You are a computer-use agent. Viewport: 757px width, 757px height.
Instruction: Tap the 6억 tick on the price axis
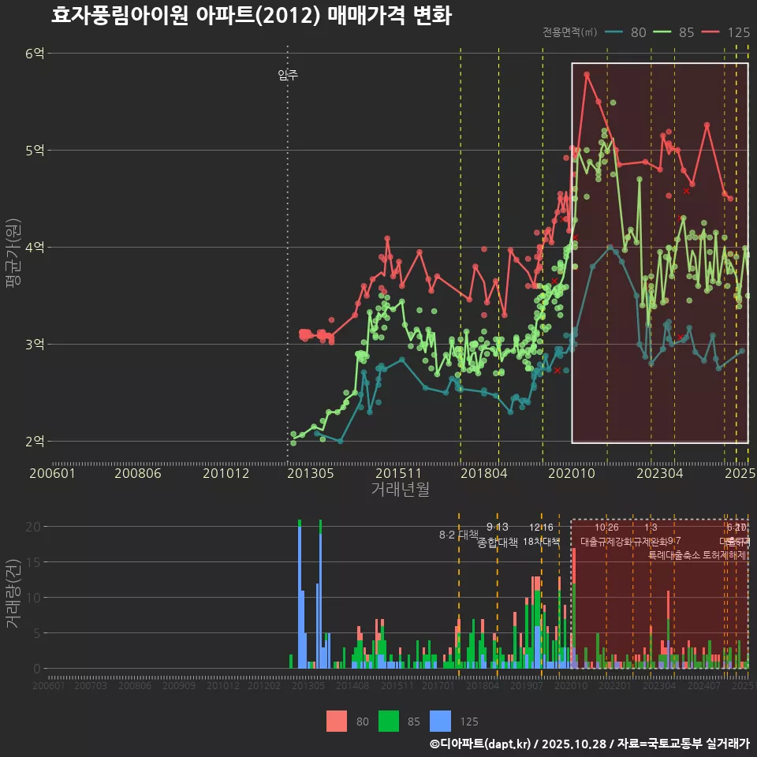pos(35,54)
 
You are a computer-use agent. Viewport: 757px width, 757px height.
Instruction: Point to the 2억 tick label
pos(35,442)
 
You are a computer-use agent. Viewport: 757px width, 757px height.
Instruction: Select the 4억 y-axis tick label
pos(35,248)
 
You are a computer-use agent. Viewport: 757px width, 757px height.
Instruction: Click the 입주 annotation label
pos(288,76)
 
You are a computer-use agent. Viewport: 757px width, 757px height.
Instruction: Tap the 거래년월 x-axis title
pos(400,490)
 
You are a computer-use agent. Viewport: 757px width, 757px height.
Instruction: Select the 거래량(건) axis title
pos(12,594)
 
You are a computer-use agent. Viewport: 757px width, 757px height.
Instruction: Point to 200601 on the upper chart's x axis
pos(52,473)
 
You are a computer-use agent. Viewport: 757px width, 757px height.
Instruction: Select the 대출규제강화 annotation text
pos(606,542)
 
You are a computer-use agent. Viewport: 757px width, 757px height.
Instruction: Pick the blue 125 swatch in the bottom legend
pos(441,721)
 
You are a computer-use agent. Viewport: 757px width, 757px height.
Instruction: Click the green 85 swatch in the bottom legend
pos(390,721)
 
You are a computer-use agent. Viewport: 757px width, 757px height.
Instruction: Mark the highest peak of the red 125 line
pos(587,74)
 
